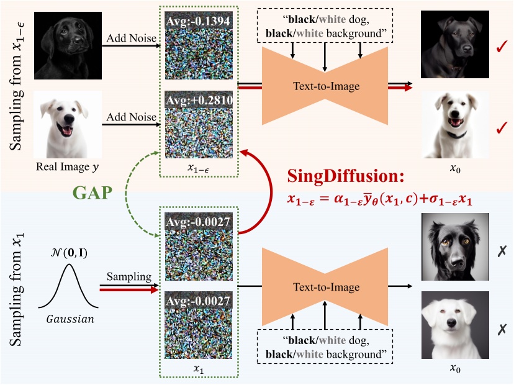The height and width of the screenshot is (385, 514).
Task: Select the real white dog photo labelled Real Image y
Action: point(68,125)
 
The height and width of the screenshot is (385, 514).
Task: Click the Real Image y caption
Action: point(67,167)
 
